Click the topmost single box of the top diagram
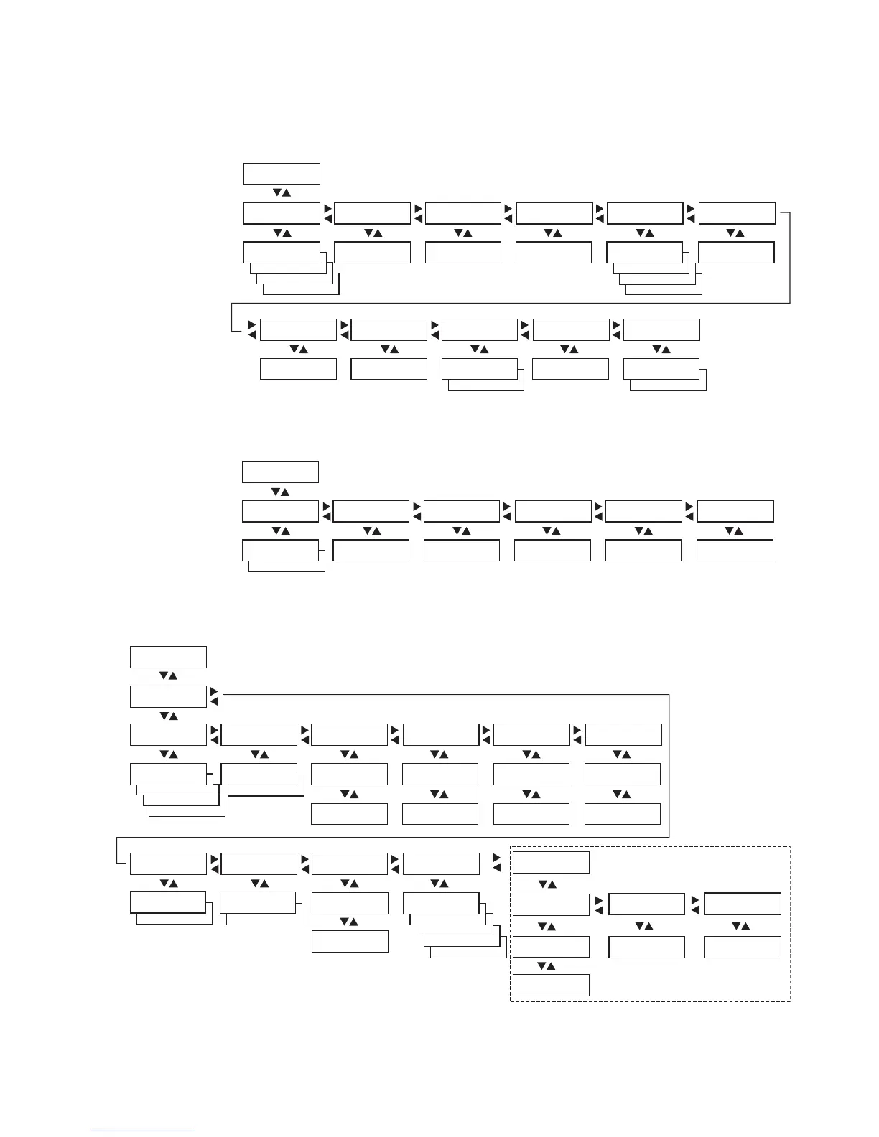tap(282, 174)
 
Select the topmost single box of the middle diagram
tap(280, 472)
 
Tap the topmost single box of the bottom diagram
tap(168, 657)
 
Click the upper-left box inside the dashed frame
tap(551, 862)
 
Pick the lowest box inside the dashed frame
tap(551, 985)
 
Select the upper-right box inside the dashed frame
tap(743, 904)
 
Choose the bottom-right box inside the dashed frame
tap(743, 947)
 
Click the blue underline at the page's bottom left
tap(142, 1131)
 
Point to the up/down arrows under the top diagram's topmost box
tap(282, 193)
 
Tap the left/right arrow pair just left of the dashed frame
tap(497, 863)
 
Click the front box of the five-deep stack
tap(441, 903)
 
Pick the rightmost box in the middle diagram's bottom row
tap(735, 550)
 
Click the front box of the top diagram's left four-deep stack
tap(282, 253)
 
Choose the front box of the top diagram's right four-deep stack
tap(644, 253)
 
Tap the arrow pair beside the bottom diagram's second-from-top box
tap(214, 696)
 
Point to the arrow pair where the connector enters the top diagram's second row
tap(252, 329)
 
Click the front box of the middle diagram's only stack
tap(280, 550)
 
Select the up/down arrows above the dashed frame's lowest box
tap(547, 966)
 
